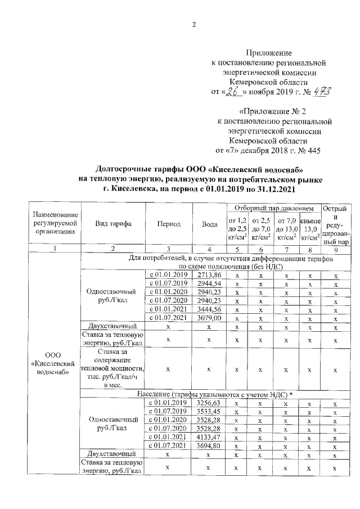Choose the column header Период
[x=169, y=224]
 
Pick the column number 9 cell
[x=335, y=249]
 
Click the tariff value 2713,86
[x=210, y=274]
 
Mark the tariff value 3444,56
[x=210, y=309]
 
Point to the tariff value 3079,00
[x=210, y=318]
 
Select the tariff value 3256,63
[x=210, y=403]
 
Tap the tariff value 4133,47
[x=210, y=437]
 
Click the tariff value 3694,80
[x=210, y=445]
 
